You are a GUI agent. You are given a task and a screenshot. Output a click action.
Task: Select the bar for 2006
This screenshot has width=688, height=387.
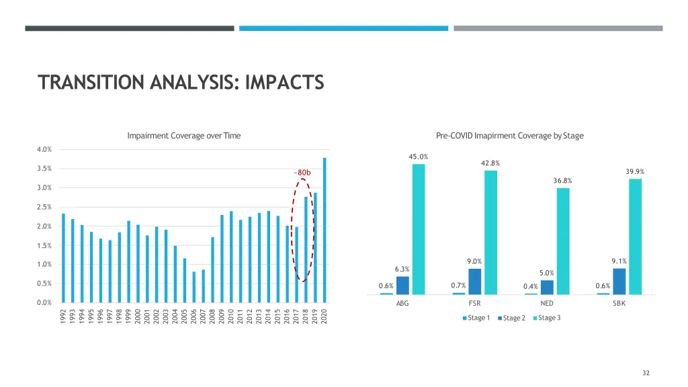click(194, 287)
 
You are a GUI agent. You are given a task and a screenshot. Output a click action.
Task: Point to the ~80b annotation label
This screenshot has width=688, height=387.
click(302, 173)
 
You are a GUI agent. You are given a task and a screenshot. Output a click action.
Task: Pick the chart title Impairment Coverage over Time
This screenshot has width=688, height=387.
click(183, 136)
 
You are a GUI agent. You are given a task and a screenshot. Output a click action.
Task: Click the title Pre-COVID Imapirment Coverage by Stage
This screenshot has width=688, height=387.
click(509, 136)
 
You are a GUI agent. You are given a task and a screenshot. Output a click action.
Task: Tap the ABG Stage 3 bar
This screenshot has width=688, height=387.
click(419, 229)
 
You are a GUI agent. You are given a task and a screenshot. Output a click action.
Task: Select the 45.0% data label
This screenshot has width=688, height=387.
click(419, 157)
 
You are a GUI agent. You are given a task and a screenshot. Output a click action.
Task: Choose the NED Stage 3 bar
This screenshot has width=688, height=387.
click(563, 241)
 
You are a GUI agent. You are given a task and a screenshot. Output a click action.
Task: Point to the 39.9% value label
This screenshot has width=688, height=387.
click(635, 172)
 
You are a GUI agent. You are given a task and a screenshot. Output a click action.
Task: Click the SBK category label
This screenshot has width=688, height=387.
click(619, 303)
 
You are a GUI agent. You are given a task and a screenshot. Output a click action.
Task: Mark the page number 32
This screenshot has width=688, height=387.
click(646, 373)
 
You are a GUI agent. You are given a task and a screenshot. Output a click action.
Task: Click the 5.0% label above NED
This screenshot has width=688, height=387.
click(547, 273)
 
